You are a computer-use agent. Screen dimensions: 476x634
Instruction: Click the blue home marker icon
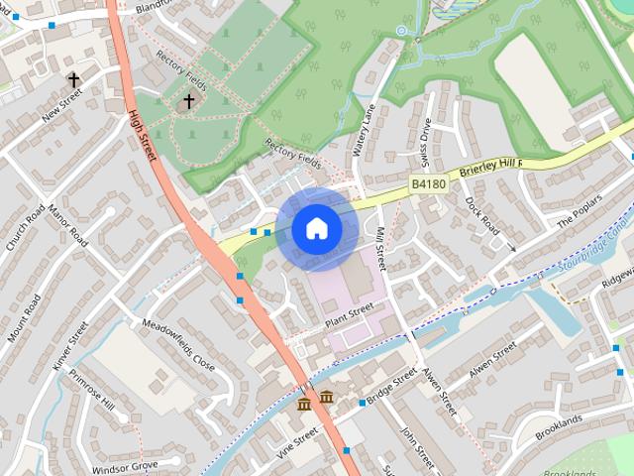[x=316, y=228]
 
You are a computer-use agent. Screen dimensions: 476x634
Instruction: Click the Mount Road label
[x=24, y=319]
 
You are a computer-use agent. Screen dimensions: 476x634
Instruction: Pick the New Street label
[x=60, y=104]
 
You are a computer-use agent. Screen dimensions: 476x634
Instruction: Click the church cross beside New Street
[x=73, y=78]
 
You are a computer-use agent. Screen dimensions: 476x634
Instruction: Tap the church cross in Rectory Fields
[x=189, y=101]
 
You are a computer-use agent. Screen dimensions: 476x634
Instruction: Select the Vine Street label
[x=297, y=443]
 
